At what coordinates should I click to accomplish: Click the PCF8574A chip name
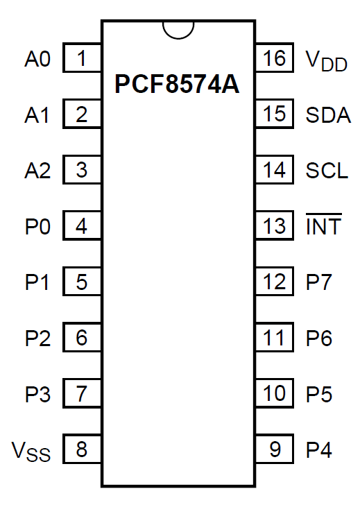177,84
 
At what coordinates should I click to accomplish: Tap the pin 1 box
82,58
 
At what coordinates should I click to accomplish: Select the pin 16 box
274,58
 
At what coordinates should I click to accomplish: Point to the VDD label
326,61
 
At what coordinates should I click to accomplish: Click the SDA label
328,115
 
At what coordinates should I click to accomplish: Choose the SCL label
327,171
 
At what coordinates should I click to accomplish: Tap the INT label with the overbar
324,225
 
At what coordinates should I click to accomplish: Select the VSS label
31,452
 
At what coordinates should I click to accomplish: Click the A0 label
37,60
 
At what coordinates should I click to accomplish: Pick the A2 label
37,171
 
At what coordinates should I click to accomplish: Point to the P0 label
37,227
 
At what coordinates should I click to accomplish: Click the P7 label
318,282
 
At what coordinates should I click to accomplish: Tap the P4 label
318,449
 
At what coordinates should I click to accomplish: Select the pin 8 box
82,449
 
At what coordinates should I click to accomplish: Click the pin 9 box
274,449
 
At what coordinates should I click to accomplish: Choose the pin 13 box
274,225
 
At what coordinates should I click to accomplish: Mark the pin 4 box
82,225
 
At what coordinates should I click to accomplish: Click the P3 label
37,394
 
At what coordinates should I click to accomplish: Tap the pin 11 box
274,337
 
